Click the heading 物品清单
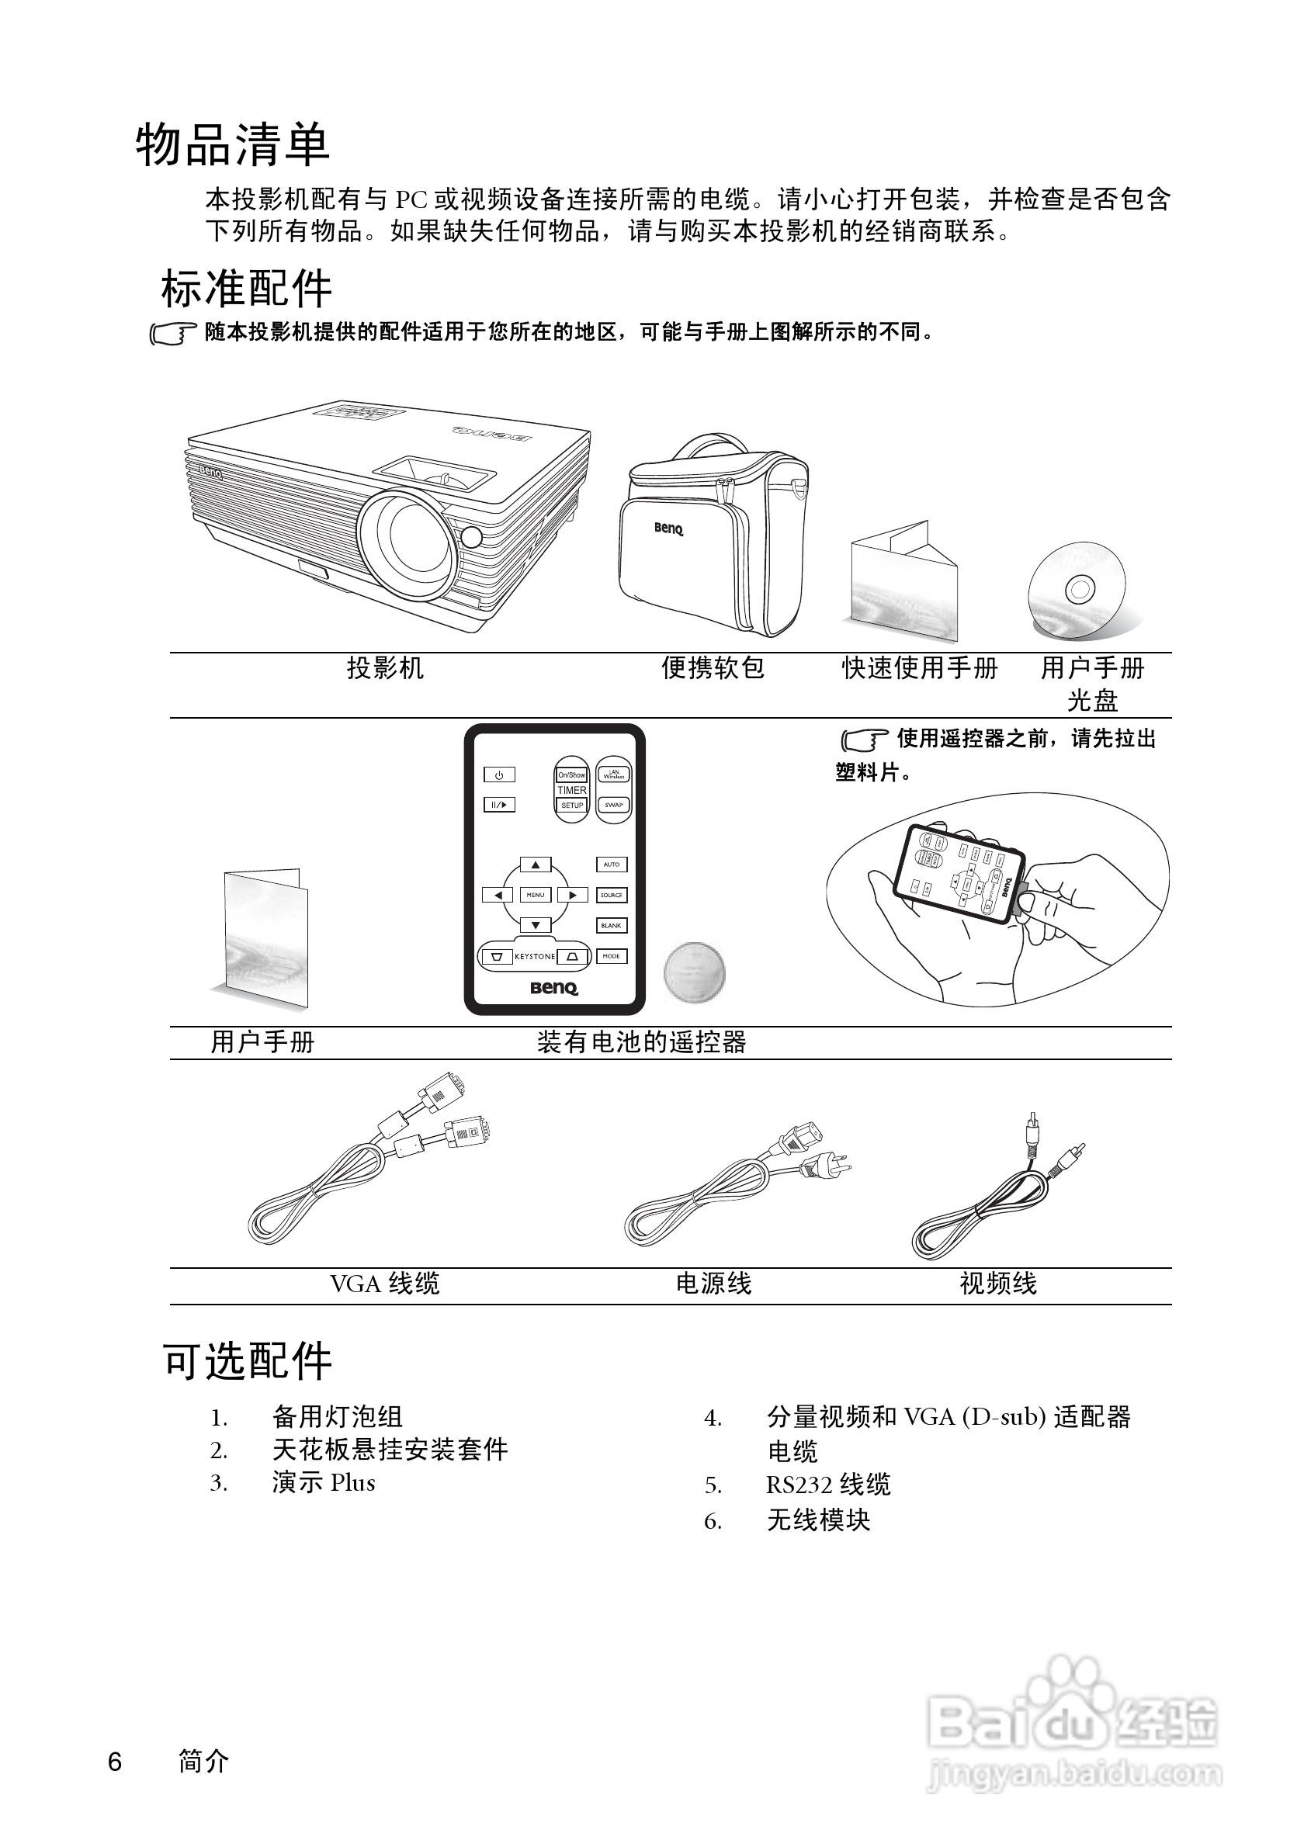click(233, 146)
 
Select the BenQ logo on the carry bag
click(668, 528)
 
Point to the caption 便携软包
click(713, 667)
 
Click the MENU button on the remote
click(535, 895)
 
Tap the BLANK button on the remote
click(612, 926)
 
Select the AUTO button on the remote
click(612, 865)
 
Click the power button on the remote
click(499, 774)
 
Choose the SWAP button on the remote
click(614, 805)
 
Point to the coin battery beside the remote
click(694, 972)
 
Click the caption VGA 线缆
click(384, 1284)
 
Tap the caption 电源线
click(713, 1284)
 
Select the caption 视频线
click(998, 1284)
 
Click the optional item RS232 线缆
click(828, 1484)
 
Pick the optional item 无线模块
click(819, 1520)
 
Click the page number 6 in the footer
click(115, 1762)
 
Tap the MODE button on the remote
click(612, 956)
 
